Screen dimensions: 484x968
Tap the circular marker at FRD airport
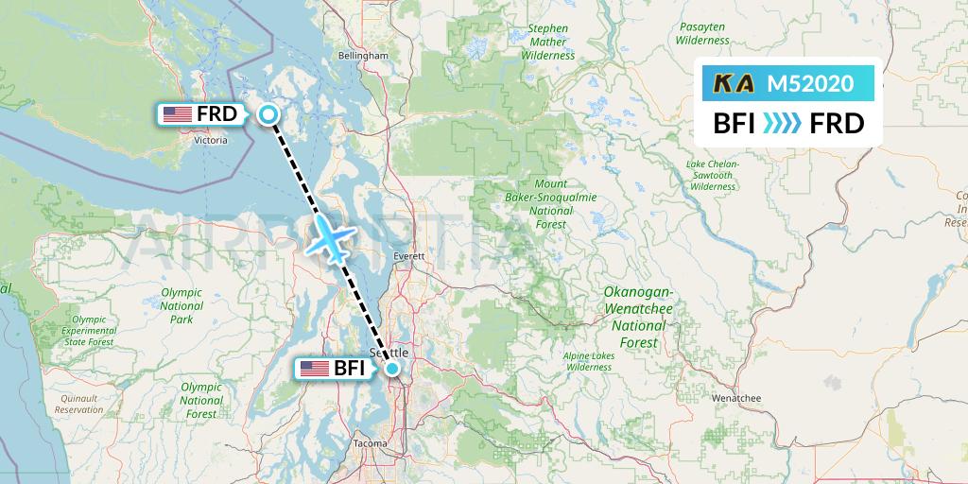click(x=269, y=115)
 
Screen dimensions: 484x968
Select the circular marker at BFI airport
click(x=392, y=369)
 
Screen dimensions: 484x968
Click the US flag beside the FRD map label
click(x=177, y=115)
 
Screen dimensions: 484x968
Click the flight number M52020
click(x=810, y=84)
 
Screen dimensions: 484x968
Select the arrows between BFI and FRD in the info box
click(x=781, y=123)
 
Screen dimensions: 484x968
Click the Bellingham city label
click(x=363, y=56)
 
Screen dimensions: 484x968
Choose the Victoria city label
click(x=210, y=141)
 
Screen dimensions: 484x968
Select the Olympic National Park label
click(x=181, y=306)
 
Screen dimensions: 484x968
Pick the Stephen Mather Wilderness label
click(x=548, y=43)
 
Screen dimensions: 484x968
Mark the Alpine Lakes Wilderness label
click(x=589, y=361)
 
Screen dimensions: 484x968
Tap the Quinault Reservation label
click(x=79, y=405)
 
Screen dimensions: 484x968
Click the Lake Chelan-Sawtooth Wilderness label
click(x=712, y=175)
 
